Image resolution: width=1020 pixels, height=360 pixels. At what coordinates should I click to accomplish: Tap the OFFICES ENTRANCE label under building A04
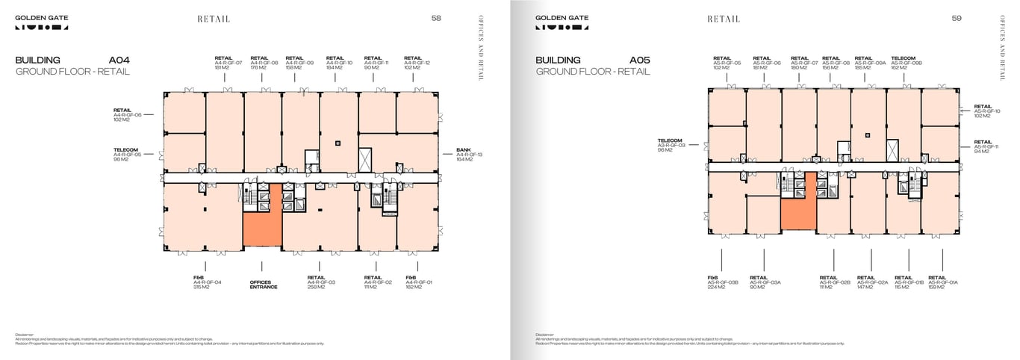[x=263, y=285]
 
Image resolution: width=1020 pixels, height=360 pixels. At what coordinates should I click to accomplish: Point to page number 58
[x=436, y=18]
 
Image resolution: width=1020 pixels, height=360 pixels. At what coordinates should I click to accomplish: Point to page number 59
[x=957, y=18]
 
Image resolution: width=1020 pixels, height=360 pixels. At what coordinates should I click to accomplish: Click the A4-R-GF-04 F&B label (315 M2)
[x=207, y=282]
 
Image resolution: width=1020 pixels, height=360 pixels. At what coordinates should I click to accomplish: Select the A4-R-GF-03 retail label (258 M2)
[x=321, y=282]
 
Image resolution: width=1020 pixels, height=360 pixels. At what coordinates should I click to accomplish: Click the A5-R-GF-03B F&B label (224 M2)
[x=722, y=282]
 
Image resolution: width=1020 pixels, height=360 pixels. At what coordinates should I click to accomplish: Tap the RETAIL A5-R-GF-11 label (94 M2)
[x=986, y=146]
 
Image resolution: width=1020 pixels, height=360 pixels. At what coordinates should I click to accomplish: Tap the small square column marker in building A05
[x=868, y=135]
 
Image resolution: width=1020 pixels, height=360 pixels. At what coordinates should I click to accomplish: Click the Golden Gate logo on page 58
[x=41, y=22]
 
